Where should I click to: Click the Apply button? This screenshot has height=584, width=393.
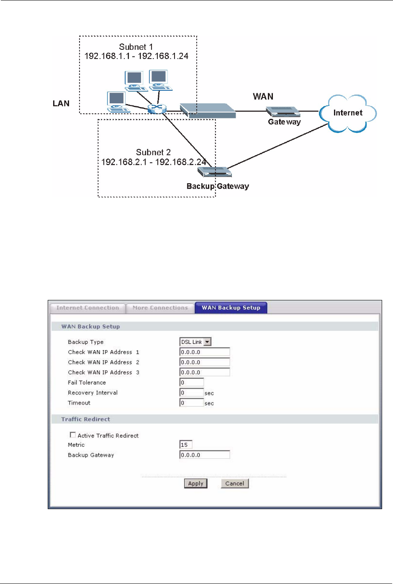[x=195, y=484]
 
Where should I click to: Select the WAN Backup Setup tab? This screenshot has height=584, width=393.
[x=231, y=308]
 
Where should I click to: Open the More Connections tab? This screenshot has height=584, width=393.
[x=160, y=308]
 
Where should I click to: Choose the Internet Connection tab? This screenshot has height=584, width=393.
[x=87, y=308]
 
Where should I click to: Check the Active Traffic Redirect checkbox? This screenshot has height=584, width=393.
[x=73, y=435]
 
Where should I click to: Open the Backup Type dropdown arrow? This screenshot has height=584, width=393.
[x=207, y=342]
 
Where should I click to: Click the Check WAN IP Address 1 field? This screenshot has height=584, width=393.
[x=205, y=352]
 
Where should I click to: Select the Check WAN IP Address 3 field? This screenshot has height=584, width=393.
[x=205, y=372]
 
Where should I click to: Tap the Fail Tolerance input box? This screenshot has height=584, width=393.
[x=192, y=382]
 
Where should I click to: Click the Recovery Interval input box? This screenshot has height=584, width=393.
[x=192, y=393]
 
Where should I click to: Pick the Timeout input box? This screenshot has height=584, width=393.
[x=192, y=403]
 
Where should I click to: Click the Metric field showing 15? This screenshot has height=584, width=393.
[x=186, y=445]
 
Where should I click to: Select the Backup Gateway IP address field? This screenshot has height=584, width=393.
[x=205, y=455]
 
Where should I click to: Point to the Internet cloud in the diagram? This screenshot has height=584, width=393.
[x=347, y=113]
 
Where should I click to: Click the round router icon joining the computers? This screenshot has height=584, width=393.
[x=157, y=108]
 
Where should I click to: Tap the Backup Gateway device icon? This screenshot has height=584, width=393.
[x=214, y=172]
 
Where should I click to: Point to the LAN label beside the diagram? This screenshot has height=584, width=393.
[x=61, y=104]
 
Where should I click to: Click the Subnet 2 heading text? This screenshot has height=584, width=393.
[x=153, y=152]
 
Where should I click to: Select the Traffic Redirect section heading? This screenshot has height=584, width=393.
[x=86, y=419]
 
